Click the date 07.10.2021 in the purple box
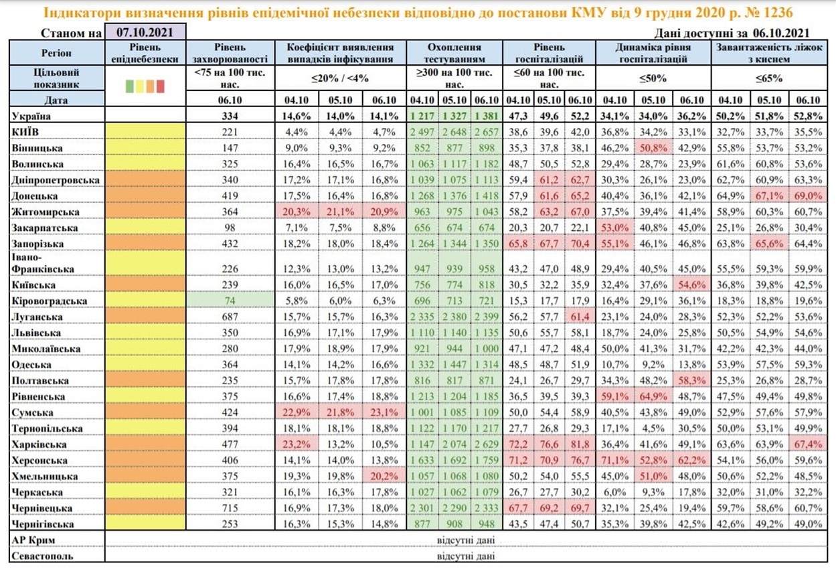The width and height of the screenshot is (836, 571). click(x=145, y=32)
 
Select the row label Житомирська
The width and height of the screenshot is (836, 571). click(x=46, y=212)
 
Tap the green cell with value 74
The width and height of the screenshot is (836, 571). click(x=230, y=301)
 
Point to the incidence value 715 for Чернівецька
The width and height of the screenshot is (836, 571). click(x=230, y=508)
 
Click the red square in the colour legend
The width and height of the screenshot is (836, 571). click(x=161, y=86)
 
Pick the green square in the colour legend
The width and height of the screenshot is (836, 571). click(x=129, y=86)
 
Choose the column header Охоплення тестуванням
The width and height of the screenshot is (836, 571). click(x=454, y=53)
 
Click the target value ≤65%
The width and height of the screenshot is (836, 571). click(x=769, y=78)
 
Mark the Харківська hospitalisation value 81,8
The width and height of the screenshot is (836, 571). click(x=580, y=444)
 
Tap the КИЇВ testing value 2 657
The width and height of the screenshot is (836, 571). click(x=487, y=132)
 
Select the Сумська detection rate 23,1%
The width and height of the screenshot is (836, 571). click(x=384, y=412)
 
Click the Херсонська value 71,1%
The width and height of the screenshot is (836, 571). click(x=614, y=460)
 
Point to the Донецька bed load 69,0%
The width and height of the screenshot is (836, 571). click(x=808, y=196)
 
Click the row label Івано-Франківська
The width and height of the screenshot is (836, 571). click(x=43, y=263)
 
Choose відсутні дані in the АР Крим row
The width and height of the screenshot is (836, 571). click(x=466, y=540)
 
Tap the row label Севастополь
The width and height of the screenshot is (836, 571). click(x=42, y=556)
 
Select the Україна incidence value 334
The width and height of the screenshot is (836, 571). click(x=230, y=116)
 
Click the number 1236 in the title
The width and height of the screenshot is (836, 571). click(x=778, y=13)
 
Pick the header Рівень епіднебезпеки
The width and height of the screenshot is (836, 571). click(x=145, y=53)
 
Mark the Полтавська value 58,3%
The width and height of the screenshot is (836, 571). click(x=692, y=381)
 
